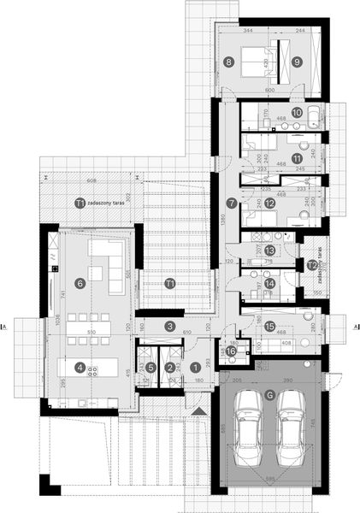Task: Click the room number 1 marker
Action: (x=195, y=367)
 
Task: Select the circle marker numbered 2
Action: (x=170, y=367)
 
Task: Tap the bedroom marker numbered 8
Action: (x=228, y=61)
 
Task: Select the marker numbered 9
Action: (x=296, y=61)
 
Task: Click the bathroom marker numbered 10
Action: (x=296, y=112)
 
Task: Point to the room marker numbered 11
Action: (x=296, y=158)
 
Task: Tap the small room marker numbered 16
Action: (x=231, y=350)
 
